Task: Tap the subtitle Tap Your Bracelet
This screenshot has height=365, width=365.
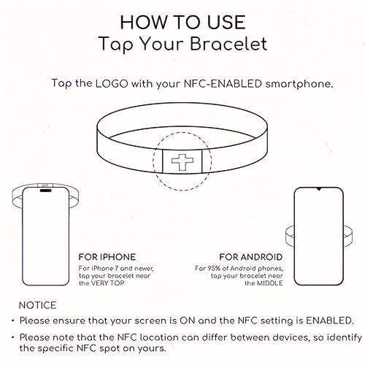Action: tap(182, 44)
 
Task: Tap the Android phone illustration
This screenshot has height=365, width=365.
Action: tap(318, 232)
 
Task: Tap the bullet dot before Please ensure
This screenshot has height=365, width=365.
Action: tap(13, 320)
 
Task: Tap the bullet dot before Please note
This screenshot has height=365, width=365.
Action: tap(13, 337)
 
